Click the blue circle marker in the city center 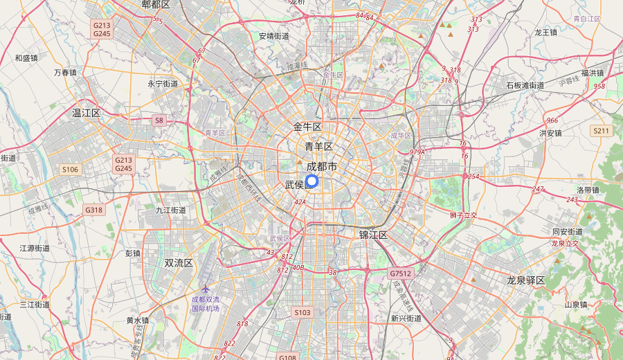click(311, 181)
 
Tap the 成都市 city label click(322, 167)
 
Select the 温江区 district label click(87, 112)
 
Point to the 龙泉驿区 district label click(526, 280)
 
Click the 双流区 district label click(179, 263)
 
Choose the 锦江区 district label click(373, 235)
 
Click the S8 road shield click(159, 120)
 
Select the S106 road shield click(71, 169)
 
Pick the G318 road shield click(93, 210)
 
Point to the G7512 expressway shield click(400, 273)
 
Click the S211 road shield click(601, 131)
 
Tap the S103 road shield click(303, 313)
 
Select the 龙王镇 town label click(545, 32)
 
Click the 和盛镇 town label click(26, 58)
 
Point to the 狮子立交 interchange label click(464, 215)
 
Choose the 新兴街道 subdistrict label click(406, 318)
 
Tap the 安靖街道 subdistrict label click(274, 36)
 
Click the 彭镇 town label click(133, 253)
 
